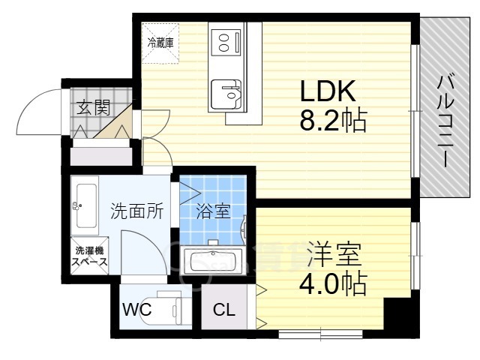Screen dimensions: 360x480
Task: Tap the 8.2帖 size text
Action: pos(333,120)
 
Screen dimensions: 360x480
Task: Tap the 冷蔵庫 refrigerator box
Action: pos(160,43)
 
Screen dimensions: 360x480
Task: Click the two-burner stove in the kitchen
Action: pos(224,42)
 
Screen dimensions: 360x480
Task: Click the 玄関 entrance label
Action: pos(91,107)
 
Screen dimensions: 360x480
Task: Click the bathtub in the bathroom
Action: pos(213,262)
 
